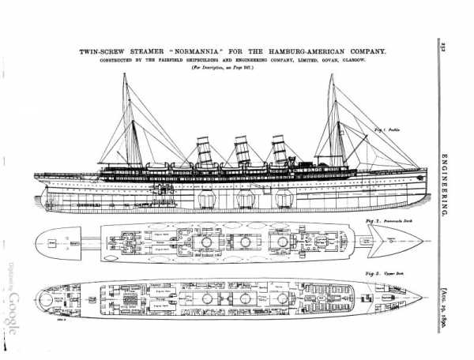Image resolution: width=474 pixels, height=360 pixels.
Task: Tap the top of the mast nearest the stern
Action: click(x=124, y=75)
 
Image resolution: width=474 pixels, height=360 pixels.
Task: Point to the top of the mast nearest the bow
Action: click(x=332, y=76)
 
